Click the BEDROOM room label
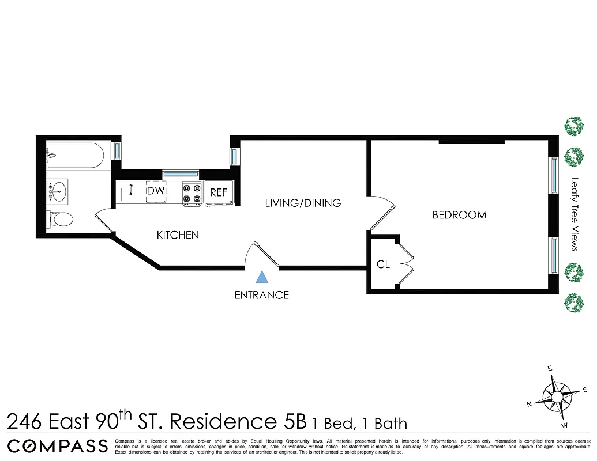(459, 215)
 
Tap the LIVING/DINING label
(303, 203)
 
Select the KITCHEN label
(178, 235)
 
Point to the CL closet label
(383, 265)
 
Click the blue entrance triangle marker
(262, 277)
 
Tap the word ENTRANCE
(261, 295)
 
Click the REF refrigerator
(219, 192)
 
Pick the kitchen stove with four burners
(192, 193)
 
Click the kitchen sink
(132, 192)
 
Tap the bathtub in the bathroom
(75, 155)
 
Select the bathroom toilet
(61, 219)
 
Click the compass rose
(557, 396)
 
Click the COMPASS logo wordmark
(58, 445)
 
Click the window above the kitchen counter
(180, 173)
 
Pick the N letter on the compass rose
(530, 405)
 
